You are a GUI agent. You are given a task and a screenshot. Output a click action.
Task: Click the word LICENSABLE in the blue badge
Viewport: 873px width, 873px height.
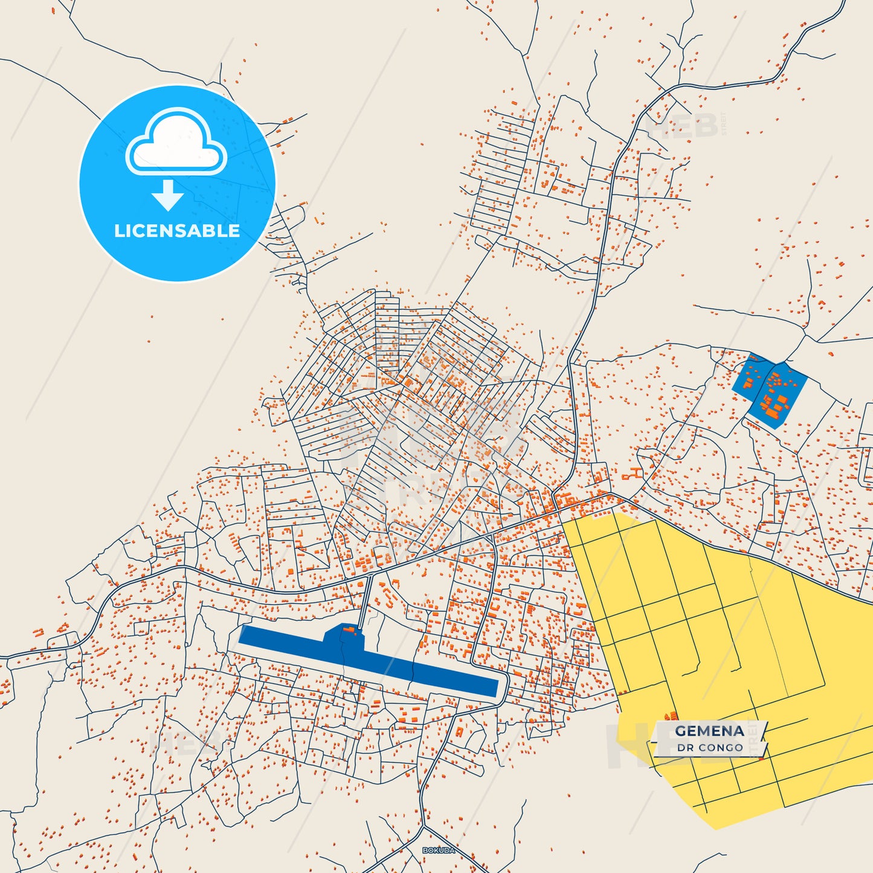[x=177, y=231]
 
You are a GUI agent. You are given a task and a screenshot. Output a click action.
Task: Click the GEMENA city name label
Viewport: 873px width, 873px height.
[x=709, y=731]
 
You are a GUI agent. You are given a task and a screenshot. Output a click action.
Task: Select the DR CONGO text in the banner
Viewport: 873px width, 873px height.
[x=710, y=748]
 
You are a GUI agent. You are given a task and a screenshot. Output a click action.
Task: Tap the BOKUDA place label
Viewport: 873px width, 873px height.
[x=438, y=851]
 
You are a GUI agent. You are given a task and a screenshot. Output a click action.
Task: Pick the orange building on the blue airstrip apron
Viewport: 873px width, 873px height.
[x=349, y=630]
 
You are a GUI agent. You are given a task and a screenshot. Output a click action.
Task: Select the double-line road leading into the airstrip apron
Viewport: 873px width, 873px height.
[x=365, y=601]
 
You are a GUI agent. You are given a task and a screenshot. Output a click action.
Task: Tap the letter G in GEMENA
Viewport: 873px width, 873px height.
[x=681, y=731]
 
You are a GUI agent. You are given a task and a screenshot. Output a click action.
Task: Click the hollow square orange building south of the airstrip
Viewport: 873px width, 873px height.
[x=459, y=732]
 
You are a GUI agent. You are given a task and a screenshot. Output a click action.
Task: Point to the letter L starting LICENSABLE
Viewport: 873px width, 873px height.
[x=118, y=231]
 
